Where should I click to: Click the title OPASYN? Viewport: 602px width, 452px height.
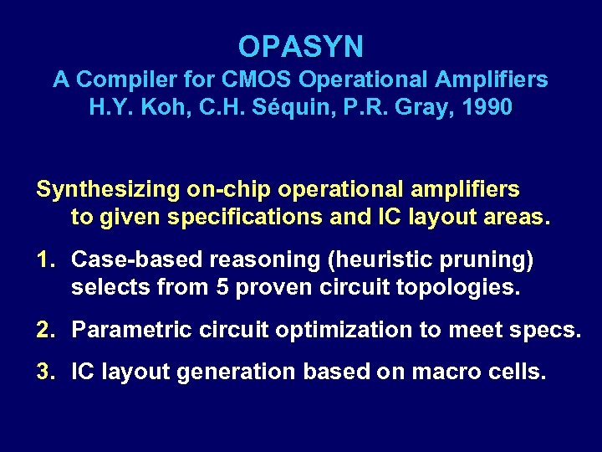(x=300, y=46)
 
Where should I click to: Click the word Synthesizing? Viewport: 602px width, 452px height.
(x=108, y=190)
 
